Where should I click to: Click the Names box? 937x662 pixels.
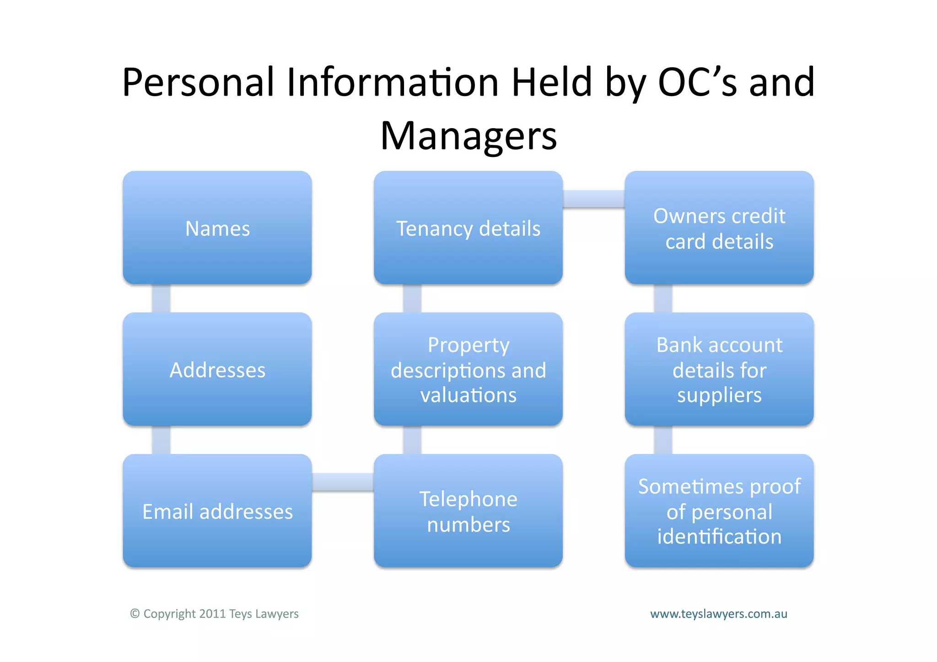coord(217,228)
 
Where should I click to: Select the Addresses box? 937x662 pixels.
coord(217,369)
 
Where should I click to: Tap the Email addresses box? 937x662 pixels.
coord(217,511)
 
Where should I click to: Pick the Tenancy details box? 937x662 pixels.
coord(468,228)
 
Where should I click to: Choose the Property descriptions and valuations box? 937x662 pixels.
coord(468,369)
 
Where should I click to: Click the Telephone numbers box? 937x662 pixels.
coord(468,511)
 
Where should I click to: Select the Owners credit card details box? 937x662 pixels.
coord(719,228)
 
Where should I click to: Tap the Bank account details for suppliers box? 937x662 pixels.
coord(719,369)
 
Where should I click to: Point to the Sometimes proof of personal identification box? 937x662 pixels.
coord(719,511)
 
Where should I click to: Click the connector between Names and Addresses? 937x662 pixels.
coord(161,298)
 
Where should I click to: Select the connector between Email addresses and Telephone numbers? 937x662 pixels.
coord(343,482)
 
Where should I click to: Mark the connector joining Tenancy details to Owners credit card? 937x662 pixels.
coord(594,199)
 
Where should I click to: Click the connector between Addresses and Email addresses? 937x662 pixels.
coord(161,440)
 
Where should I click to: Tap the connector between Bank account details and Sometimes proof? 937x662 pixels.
coord(663,440)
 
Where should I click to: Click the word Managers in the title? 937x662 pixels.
coord(468,136)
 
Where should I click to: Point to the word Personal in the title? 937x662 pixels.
coord(198,82)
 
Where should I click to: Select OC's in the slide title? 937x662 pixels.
coord(697,82)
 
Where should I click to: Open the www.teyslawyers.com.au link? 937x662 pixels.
coord(719,614)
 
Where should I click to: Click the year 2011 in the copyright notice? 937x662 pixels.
coord(212,614)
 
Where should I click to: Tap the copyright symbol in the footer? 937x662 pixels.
coord(135,614)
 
